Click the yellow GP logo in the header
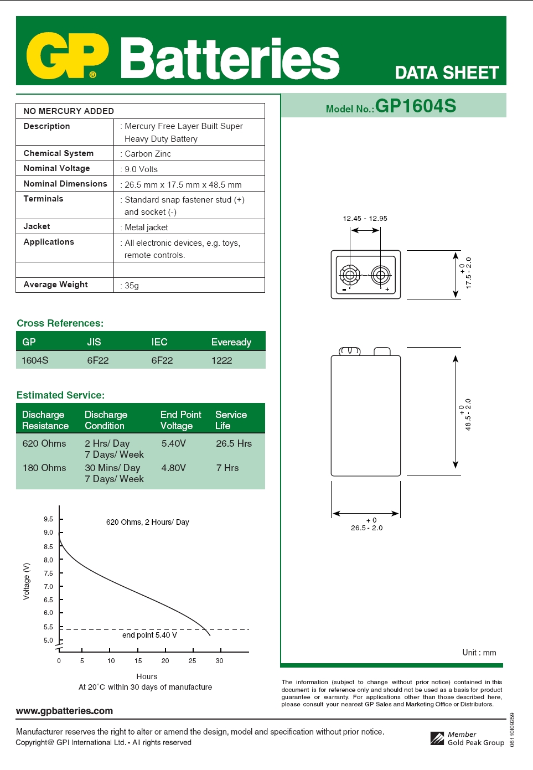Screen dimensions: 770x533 [x=67, y=56]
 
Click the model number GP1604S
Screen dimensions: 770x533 [x=416, y=106]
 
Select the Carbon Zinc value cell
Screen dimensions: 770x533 [x=148, y=154]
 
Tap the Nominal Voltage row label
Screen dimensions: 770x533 [x=56, y=168]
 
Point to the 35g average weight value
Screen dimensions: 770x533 [x=132, y=286]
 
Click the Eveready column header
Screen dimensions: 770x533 [x=231, y=342]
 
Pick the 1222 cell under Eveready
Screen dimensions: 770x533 [x=221, y=360]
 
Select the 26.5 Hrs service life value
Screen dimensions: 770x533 [x=234, y=443]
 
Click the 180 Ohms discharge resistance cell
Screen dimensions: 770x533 [x=44, y=468]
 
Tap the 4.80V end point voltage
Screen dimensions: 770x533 [x=173, y=468]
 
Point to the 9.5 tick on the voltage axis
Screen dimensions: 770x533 [x=49, y=519]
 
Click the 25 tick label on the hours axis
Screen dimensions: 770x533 [x=192, y=661]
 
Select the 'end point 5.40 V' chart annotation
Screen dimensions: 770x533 [x=149, y=635]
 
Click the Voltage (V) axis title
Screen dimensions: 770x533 [x=26, y=581]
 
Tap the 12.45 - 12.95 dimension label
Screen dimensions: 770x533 [x=365, y=219]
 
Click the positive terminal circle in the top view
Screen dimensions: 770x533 [x=380, y=274]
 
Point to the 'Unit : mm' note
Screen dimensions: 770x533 [x=479, y=653]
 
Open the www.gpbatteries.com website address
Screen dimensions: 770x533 [x=64, y=711]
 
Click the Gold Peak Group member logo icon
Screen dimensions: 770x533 [x=437, y=738]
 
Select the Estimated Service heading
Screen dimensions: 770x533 [x=60, y=395]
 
